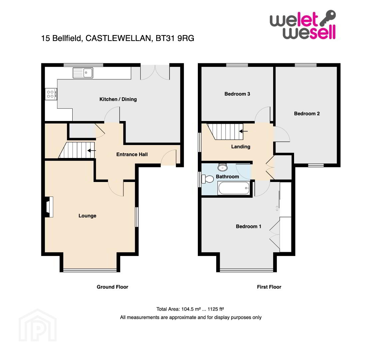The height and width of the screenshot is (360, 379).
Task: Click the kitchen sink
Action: [83, 73]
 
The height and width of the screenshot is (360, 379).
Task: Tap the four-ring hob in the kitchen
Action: [51, 94]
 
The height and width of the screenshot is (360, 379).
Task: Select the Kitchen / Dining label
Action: [118, 99]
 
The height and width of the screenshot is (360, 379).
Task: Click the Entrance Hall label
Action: [132, 154]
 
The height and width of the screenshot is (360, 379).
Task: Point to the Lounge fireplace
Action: [49, 207]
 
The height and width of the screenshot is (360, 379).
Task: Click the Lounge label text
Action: [87, 216]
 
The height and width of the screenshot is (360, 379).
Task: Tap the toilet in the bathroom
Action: [207, 179]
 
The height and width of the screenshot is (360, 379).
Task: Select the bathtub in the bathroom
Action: [234, 188]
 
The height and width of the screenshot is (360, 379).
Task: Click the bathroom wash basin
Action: [222, 167]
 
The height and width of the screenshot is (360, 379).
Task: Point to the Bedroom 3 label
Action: [237, 94]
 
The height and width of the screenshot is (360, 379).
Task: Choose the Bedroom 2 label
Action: [307, 113]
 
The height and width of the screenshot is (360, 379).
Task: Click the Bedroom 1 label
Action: [248, 226]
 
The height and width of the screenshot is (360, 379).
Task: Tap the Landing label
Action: [240, 147]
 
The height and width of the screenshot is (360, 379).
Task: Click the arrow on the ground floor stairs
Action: [92, 150]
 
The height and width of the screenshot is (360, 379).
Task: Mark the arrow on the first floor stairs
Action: [244, 131]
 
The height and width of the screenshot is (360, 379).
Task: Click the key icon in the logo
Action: [328, 18]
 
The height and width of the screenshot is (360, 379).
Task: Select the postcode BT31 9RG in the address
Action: [175, 38]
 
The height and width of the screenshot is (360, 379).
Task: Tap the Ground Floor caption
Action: [112, 287]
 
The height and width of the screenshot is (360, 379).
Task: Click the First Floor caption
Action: [269, 287]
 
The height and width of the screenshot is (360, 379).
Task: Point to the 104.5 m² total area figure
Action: [191, 309]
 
